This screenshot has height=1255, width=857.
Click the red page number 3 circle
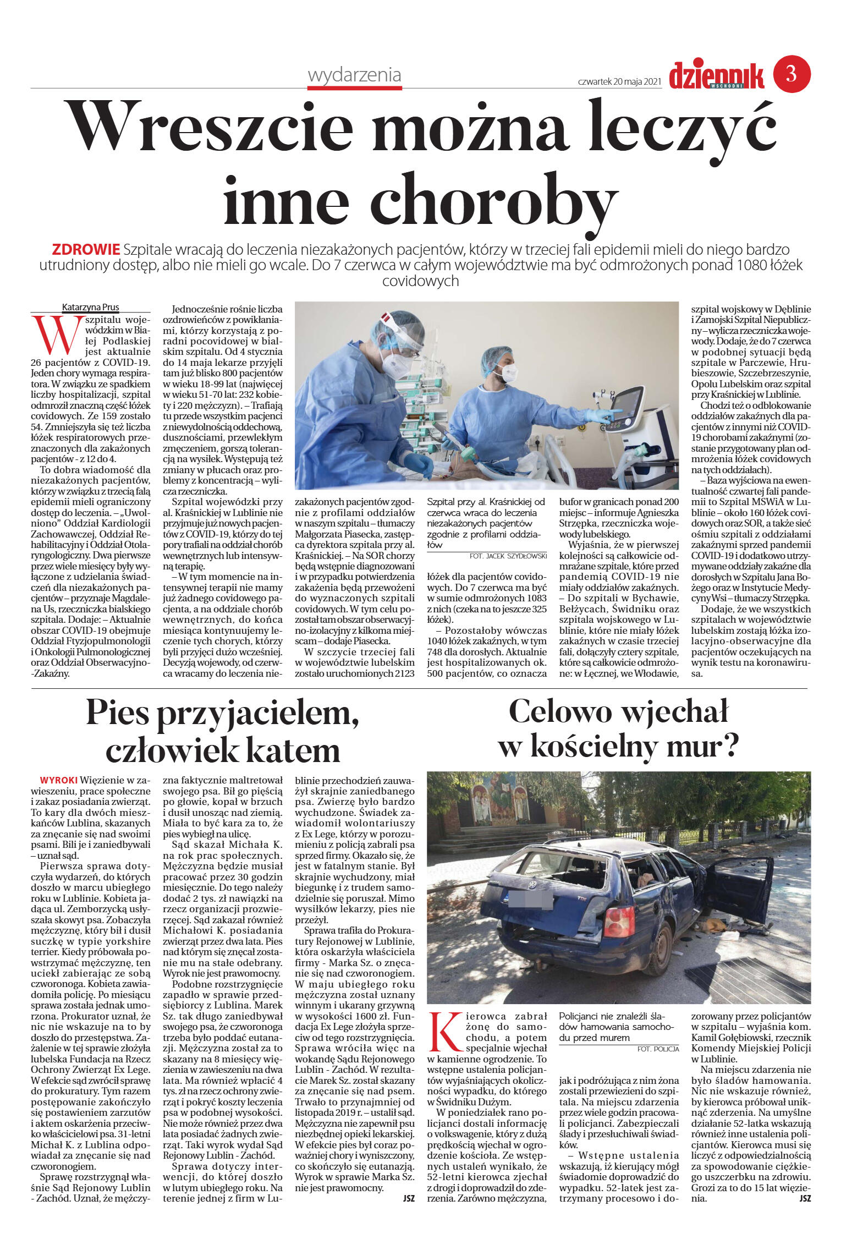[792, 74]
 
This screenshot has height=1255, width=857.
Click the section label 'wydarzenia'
[354, 75]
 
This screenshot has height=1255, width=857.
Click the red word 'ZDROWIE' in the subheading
[86, 249]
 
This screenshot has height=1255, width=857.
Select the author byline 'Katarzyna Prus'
[91, 308]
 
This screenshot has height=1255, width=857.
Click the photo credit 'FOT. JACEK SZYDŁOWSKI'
[508, 556]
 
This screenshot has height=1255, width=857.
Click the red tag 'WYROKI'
[58, 780]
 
